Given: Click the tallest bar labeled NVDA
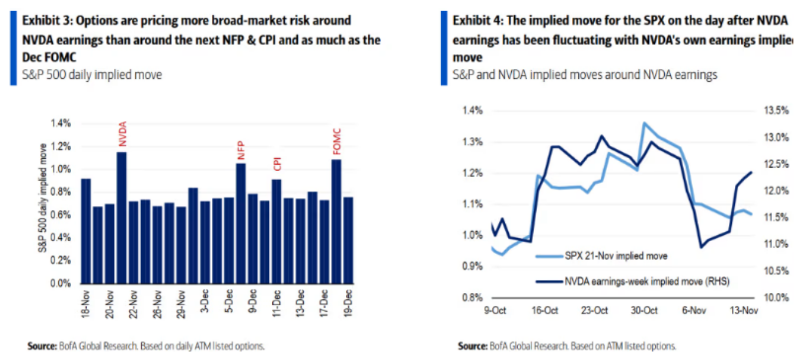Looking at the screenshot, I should coord(122,218).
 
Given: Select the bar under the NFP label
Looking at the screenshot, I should coord(241,224).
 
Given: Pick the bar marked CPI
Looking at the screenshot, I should coord(277,231).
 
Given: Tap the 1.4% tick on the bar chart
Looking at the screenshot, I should coord(61,123).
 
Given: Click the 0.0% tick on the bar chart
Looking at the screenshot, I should coord(61,284).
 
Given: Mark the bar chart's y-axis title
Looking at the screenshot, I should coord(43,203).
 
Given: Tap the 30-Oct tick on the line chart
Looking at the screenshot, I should coord(645,311).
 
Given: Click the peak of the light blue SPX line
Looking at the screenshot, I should coord(644,123).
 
